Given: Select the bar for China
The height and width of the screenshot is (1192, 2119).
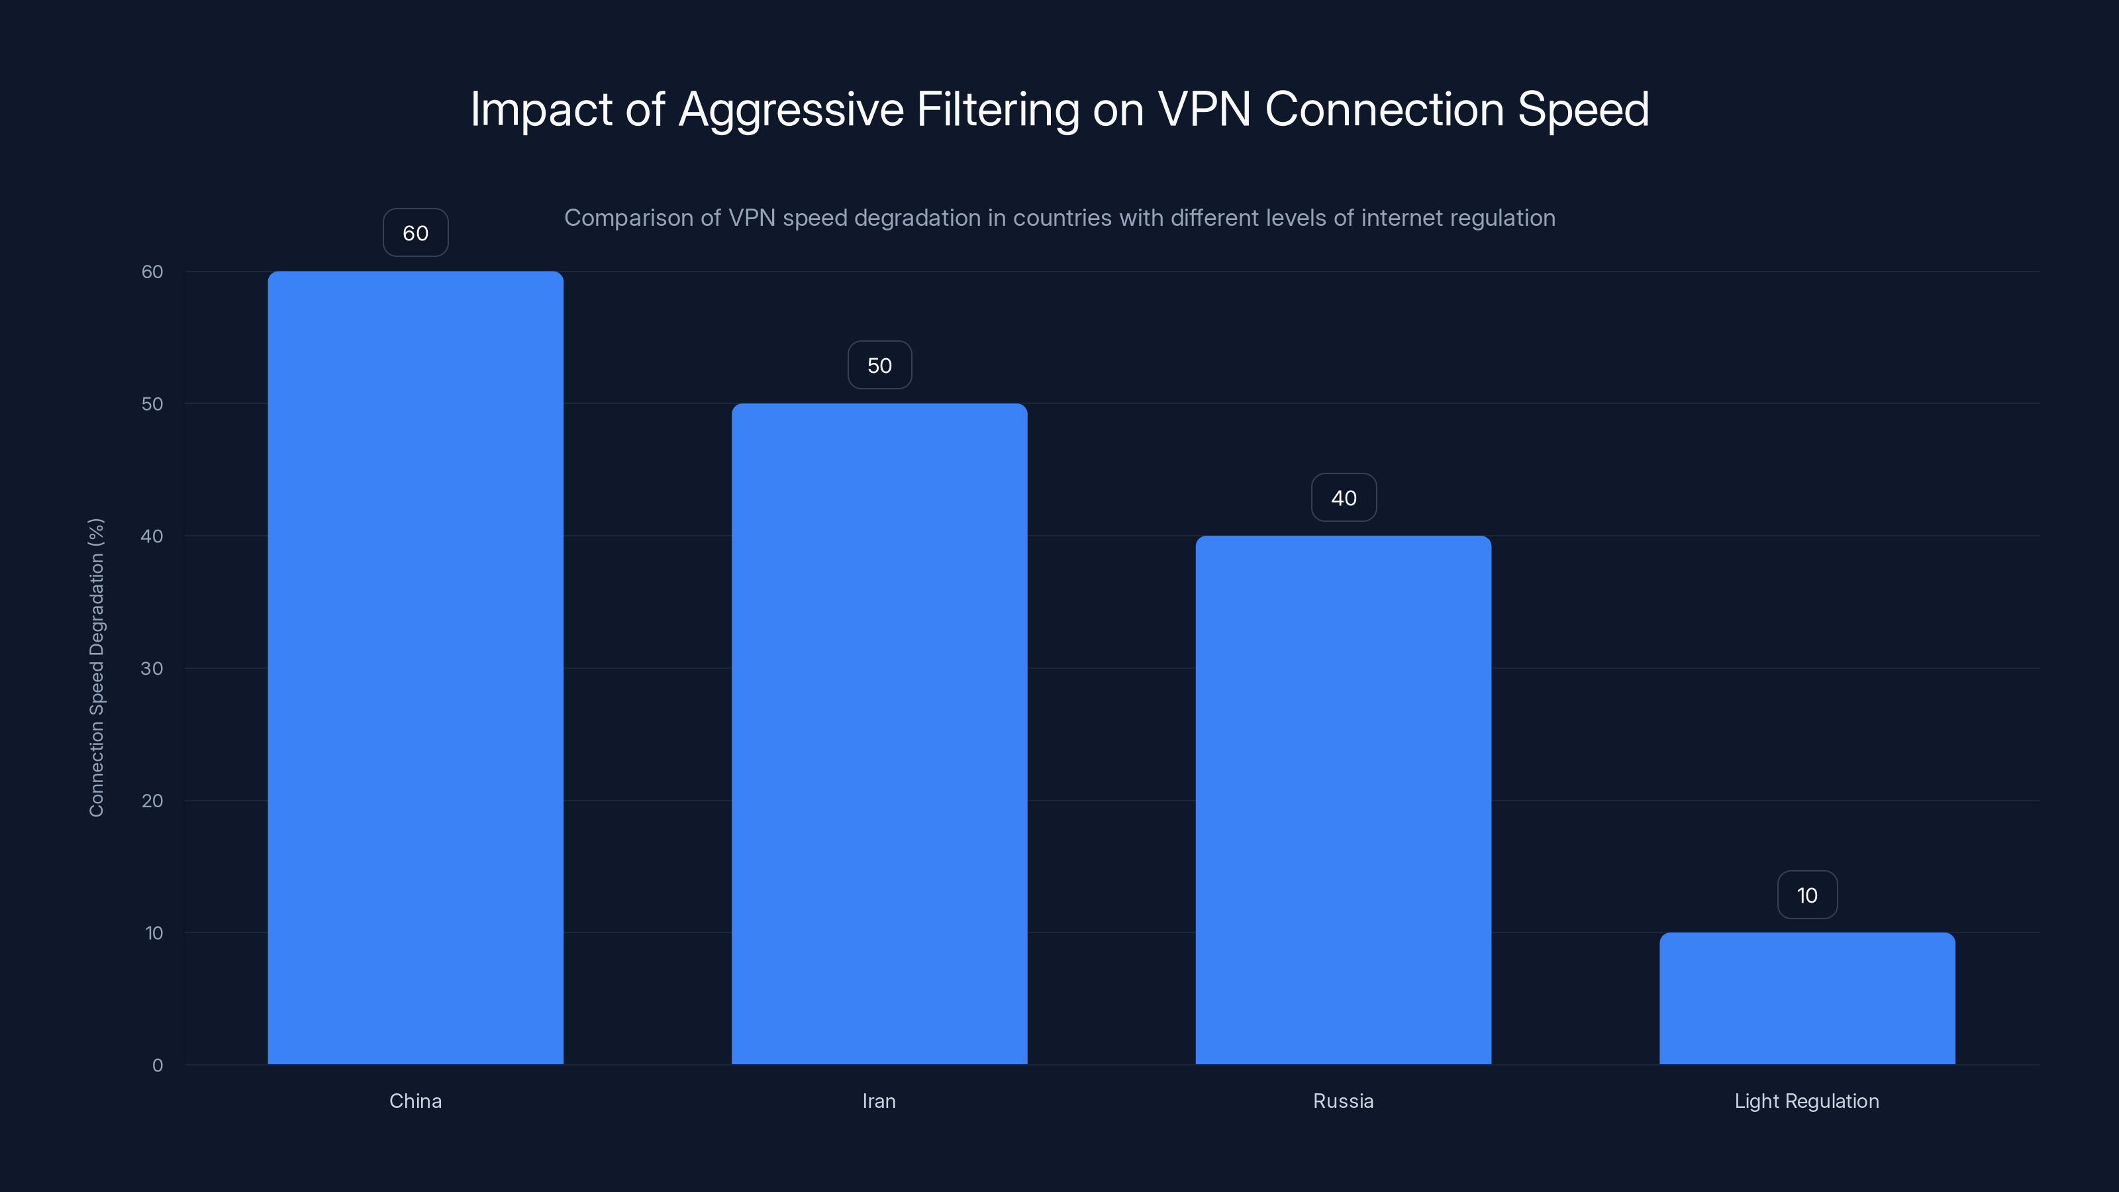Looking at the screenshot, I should click(x=415, y=667).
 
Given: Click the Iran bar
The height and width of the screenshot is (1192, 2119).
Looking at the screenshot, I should click(x=879, y=733).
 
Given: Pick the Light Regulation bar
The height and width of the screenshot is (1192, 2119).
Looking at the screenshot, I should click(x=1806, y=998).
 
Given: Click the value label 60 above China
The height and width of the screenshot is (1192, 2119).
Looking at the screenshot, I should click(x=415, y=233).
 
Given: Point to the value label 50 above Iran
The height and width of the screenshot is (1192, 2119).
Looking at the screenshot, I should click(x=879, y=366).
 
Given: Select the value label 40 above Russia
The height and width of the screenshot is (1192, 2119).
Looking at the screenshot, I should click(x=1344, y=498).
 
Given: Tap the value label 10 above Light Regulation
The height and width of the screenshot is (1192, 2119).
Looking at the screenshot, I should click(x=1806, y=895).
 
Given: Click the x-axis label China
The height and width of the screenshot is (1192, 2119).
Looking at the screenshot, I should click(x=415, y=1101).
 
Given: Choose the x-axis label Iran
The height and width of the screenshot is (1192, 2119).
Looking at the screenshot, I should click(x=879, y=1101).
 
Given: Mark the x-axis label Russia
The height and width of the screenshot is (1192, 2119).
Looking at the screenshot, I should click(x=1344, y=1101).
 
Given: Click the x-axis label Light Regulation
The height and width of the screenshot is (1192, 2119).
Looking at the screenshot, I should click(x=1806, y=1101).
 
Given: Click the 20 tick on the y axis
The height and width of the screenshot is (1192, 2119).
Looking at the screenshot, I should click(x=152, y=801).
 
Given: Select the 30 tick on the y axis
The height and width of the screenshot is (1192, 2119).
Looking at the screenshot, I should click(x=152, y=668).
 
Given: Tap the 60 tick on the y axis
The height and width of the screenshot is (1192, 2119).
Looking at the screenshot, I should click(x=152, y=272).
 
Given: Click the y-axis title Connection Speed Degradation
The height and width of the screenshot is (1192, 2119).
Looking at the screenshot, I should click(x=96, y=667).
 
